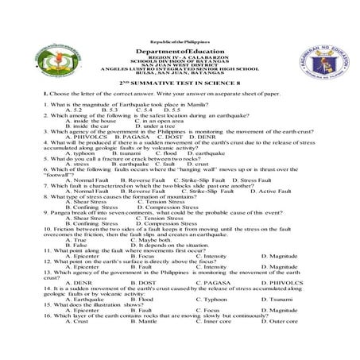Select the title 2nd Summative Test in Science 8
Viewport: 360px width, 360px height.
(x=179, y=82)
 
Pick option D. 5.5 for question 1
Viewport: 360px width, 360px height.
(x=174, y=109)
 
